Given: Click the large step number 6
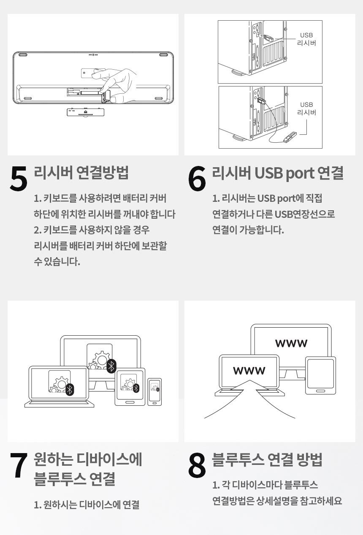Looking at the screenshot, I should pyautogui.click(x=197, y=179).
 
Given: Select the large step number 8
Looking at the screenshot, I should pyautogui.click(x=197, y=466).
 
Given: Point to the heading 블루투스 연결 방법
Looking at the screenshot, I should pyautogui.click(x=267, y=459).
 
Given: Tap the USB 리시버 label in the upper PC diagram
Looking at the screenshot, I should pyautogui.click(x=306, y=39).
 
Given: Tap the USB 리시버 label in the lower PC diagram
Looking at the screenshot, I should pyautogui.click(x=306, y=109).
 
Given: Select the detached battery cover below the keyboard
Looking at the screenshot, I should pyautogui.click(x=86, y=111).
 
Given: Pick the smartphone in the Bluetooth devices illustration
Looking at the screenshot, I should pyautogui.click(x=154, y=391).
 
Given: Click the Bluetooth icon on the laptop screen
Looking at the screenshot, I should pyautogui.click(x=70, y=389).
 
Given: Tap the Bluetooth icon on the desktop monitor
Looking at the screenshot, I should pyautogui.click(x=111, y=366).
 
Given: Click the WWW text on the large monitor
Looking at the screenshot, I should pyautogui.click(x=291, y=343).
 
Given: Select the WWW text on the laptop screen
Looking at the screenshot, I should pyautogui.click(x=249, y=371).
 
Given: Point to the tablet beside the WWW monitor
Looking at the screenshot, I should pyautogui.click(x=321, y=376).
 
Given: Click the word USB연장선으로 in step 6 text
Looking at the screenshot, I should pyautogui.click(x=305, y=214).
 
